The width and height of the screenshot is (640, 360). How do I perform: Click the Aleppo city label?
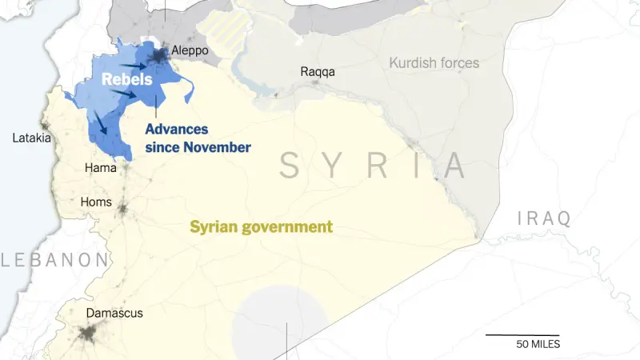coord(190,50)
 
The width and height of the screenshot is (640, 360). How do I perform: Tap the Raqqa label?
coord(318,72)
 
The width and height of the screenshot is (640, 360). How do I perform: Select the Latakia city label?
coord(32,138)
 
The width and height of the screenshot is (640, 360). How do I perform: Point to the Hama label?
coord(100,168)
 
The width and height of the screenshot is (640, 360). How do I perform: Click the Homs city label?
coord(97,202)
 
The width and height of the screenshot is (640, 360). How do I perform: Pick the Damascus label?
coord(114,313)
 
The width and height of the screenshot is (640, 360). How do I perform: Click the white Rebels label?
coord(126,80)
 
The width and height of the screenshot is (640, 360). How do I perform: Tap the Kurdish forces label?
coord(434,62)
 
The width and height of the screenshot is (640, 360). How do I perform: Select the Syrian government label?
coord(261,227)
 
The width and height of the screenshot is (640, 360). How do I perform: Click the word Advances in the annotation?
coord(177,130)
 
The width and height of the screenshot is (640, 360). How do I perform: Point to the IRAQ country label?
coord(544,218)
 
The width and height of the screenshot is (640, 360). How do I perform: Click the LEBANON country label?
coord(54,259)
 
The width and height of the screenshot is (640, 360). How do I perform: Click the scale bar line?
coord(522,334)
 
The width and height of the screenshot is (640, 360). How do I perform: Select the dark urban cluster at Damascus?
coord(88,334)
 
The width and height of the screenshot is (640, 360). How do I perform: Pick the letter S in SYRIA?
coord(290,166)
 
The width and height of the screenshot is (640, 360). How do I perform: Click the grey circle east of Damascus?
coord(280,320)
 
